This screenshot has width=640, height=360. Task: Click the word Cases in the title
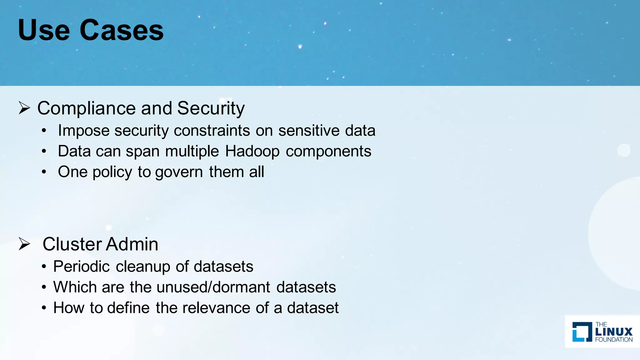pyautogui.click(x=122, y=30)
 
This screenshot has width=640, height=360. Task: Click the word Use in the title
pyautogui.click(x=44, y=30)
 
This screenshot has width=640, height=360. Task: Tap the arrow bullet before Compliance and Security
pyautogui.click(x=24, y=108)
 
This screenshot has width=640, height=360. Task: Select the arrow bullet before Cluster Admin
pyautogui.click(x=24, y=244)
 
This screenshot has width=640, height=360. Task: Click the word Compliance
pyautogui.click(x=86, y=108)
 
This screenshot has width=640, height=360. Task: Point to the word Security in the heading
pyautogui.click(x=211, y=108)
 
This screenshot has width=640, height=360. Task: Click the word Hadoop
pyautogui.click(x=252, y=152)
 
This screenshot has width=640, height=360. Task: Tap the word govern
pyautogui.click(x=179, y=172)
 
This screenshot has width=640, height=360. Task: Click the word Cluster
pyautogui.click(x=72, y=244)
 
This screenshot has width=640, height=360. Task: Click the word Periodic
pyautogui.click(x=81, y=267)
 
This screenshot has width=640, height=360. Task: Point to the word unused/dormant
pyautogui.click(x=213, y=287)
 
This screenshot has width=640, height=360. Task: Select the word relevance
pyautogui.click(x=216, y=308)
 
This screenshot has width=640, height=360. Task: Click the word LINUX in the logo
pyautogui.click(x=614, y=332)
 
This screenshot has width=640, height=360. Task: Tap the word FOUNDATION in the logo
pyautogui.click(x=614, y=340)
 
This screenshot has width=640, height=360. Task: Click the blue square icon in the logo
pyautogui.click(x=582, y=332)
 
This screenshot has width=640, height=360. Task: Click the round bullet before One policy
pyautogui.click(x=44, y=172)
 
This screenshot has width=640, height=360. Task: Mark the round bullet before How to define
pyautogui.click(x=44, y=308)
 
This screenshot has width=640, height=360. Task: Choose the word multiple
pyautogui.click(x=192, y=152)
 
